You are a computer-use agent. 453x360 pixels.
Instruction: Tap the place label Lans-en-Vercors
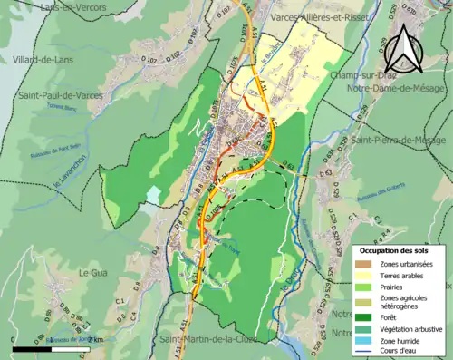pyautogui.click(x=74, y=7)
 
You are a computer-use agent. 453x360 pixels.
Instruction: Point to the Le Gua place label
pyautogui.click(x=93, y=272)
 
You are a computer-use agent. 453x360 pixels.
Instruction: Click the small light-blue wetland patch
pyautogui.click(x=153, y=195)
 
